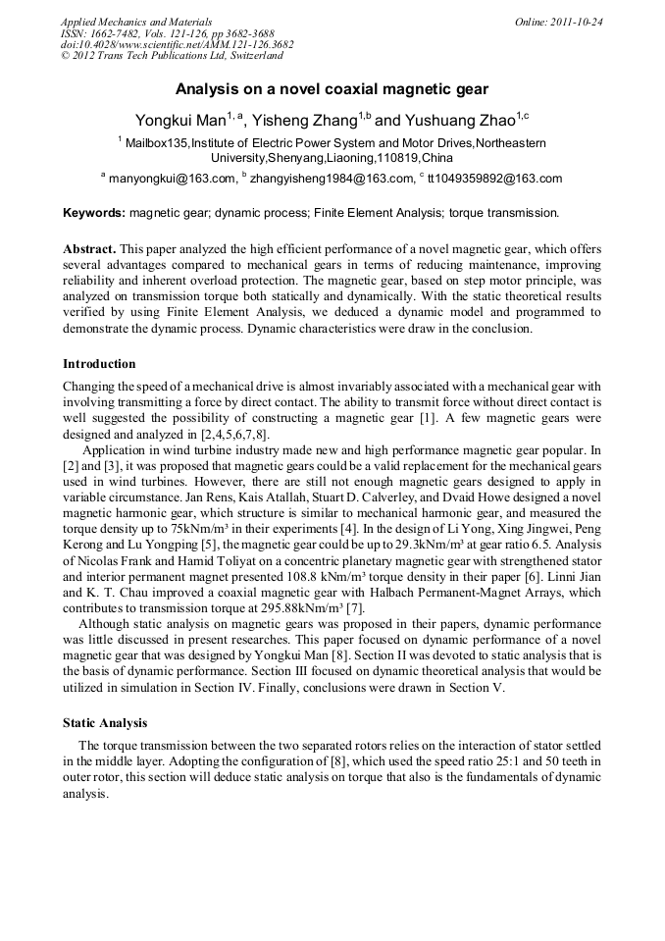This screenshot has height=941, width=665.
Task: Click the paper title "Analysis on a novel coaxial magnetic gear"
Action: pyautogui.click(x=332, y=89)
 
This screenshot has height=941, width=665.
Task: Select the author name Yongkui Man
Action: pyautogui.click(x=179, y=121)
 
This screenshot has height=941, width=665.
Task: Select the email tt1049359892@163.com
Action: pyautogui.click(x=494, y=179)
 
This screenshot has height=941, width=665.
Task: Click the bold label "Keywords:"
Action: pyautogui.click(x=94, y=212)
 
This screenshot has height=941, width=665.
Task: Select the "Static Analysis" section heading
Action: pyautogui.click(x=105, y=723)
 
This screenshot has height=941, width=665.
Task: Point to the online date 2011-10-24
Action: pyautogui.click(x=577, y=22)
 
